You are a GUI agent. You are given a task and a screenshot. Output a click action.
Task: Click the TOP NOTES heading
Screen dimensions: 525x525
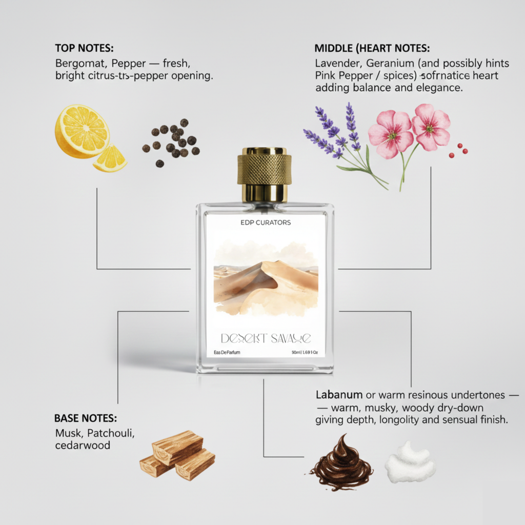click(x=84, y=48)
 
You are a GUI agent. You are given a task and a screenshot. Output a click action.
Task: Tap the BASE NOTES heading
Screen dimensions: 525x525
click(x=86, y=418)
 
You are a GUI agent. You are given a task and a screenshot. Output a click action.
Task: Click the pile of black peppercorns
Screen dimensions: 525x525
click(x=172, y=142)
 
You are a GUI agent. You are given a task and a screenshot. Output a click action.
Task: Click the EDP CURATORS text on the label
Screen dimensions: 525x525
click(x=265, y=223)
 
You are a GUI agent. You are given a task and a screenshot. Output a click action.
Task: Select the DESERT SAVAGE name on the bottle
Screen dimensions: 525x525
click(x=265, y=338)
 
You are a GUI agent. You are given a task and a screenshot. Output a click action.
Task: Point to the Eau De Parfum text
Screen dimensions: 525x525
click(x=227, y=352)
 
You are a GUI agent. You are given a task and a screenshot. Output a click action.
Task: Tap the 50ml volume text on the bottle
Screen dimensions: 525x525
click(x=296, y=352)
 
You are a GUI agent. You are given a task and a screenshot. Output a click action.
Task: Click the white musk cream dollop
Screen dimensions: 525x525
click(x=410, y=464)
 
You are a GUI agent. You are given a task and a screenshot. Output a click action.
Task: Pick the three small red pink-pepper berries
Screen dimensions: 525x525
click(x=458, y=150)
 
